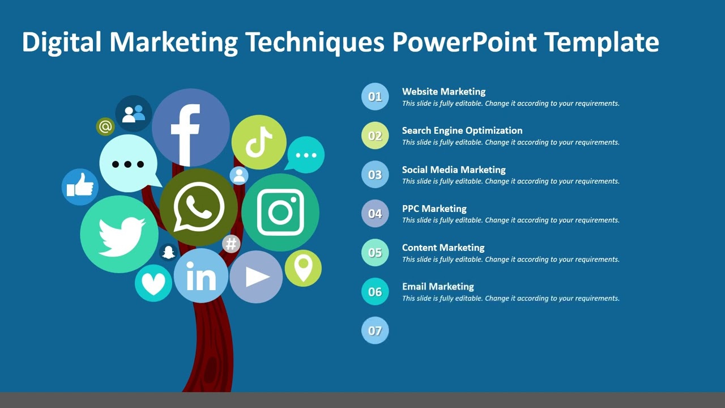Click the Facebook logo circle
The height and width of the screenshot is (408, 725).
point(190,128)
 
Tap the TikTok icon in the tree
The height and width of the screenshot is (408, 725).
point(259,142)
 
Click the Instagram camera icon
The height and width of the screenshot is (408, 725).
point(280,212)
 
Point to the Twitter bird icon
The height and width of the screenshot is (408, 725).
point(120,235)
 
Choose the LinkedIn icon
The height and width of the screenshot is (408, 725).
point(201,276)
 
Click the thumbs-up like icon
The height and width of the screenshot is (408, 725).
point(80,186)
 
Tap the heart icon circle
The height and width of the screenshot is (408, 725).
point(153,283)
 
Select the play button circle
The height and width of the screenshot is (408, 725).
point(256,277)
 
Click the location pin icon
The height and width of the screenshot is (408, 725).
point(303,268)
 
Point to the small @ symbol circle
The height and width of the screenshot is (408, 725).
point(105,126)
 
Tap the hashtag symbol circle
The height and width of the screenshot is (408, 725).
point(231,244)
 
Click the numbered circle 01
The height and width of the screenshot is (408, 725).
point(375,96)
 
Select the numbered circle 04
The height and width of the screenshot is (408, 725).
point(375,214)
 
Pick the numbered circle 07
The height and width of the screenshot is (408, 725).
point(375,330)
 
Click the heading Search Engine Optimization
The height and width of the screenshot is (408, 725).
point(462,130)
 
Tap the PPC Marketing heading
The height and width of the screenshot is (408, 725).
point(434,209)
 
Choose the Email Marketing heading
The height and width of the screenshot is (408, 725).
point(438,287)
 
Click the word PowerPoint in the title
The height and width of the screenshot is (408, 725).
point(464,42)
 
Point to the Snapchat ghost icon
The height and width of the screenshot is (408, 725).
point(168,252)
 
